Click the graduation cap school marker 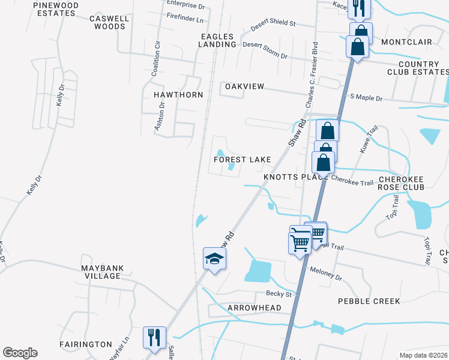(214, 259)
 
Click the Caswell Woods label (109, 22)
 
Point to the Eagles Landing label (218, 40)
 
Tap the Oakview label (244, 86)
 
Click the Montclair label (406, 42)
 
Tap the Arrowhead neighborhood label (255, 308)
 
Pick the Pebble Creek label (369, 301)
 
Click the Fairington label (85, 344)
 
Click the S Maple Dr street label (366, 97)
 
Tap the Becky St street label (279, 294)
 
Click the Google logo (20, 353)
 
